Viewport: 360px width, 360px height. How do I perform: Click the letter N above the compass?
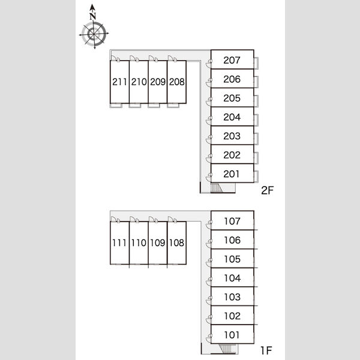(x=92, y=16)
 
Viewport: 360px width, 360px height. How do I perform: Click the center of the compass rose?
(x=94, y=34)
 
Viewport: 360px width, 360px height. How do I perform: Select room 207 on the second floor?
(x=232, y=59)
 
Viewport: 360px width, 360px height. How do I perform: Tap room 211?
(x=119, y=82)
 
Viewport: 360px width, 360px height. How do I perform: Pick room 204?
(x=232, y=116)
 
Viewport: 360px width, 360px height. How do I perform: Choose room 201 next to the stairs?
(x=232, y=173)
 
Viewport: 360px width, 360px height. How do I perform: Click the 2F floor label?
(x=267, y=190)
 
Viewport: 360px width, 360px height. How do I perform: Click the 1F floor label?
(x=266, y=350)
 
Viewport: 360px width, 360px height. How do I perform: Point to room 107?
(x=232, y=220)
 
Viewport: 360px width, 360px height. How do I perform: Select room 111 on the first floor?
(x=119, y=242)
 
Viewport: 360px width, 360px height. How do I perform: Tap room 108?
(x=177, y=242)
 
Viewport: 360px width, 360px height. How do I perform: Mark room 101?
(x=232, y=334)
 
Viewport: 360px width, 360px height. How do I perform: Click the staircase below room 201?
(x=217, y=188)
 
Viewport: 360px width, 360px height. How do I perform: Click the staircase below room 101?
(x=225, y=349)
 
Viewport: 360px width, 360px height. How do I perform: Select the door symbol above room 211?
(x=115, y=58)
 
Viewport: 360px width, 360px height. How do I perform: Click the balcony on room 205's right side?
(x=256, y=101)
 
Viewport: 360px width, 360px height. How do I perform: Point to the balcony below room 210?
(x=135, y=106)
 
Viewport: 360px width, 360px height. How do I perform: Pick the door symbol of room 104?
(x=208, y=281)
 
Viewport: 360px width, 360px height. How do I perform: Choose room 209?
(x=158, y=82)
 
